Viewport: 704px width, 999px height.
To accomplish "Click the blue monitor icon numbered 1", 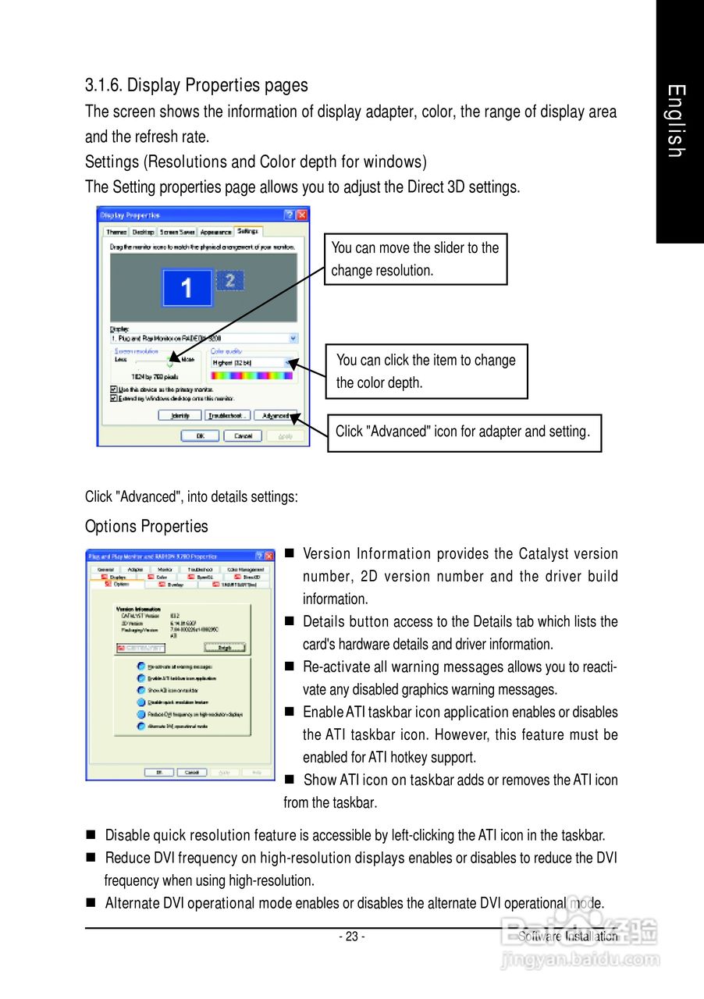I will click(x=187, y=288).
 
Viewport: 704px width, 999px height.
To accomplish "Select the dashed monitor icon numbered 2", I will click(x=230, y=281).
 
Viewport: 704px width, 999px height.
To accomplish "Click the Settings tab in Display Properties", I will click(x=248, y=232).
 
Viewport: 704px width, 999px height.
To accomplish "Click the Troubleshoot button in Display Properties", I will click(x=227, y=415).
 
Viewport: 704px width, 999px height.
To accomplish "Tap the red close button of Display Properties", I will click(x=302, y=215).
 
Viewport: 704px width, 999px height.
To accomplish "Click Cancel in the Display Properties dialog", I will click(x=243, y=436).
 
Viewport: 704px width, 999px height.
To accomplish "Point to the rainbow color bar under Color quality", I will click(x=251, y=375).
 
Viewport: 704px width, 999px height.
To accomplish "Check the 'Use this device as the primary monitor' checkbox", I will click(x=115, y=389).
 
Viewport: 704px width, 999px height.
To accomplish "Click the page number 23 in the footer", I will click(x=351, y=937).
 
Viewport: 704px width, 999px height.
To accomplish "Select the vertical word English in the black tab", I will click(x=677, y=122).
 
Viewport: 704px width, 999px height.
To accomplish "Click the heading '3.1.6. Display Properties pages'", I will click(x=196, y=85).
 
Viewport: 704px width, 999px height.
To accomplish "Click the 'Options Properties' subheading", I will click(x=147, y=526).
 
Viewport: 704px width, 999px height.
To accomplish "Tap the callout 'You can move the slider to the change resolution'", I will click(x=415, y=259).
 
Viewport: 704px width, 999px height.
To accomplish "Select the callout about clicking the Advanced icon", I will click(x=464, y=432).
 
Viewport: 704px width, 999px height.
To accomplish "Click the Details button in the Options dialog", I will click(x=225, y=647).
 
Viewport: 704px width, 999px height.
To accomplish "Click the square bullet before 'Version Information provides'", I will click(x=289, y=554).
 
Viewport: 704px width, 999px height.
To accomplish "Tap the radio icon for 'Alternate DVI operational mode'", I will click(x=140, y=726).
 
